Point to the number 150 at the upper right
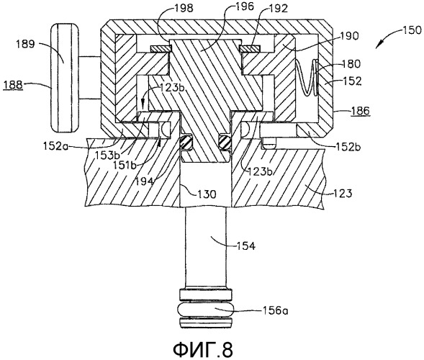coord(412,30)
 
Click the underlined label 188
coord(13,85)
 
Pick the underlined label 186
coord(361,111)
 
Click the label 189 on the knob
coord(25,44)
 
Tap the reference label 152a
coord(55,146)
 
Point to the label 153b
coord(107,156)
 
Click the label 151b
coord(125,165)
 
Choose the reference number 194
coord(145,181)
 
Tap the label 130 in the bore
coord(207,194)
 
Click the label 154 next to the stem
coord(246,246)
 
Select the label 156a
coord(275,311)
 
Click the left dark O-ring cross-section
coord(186,142)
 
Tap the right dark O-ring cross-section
coord(225,142)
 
